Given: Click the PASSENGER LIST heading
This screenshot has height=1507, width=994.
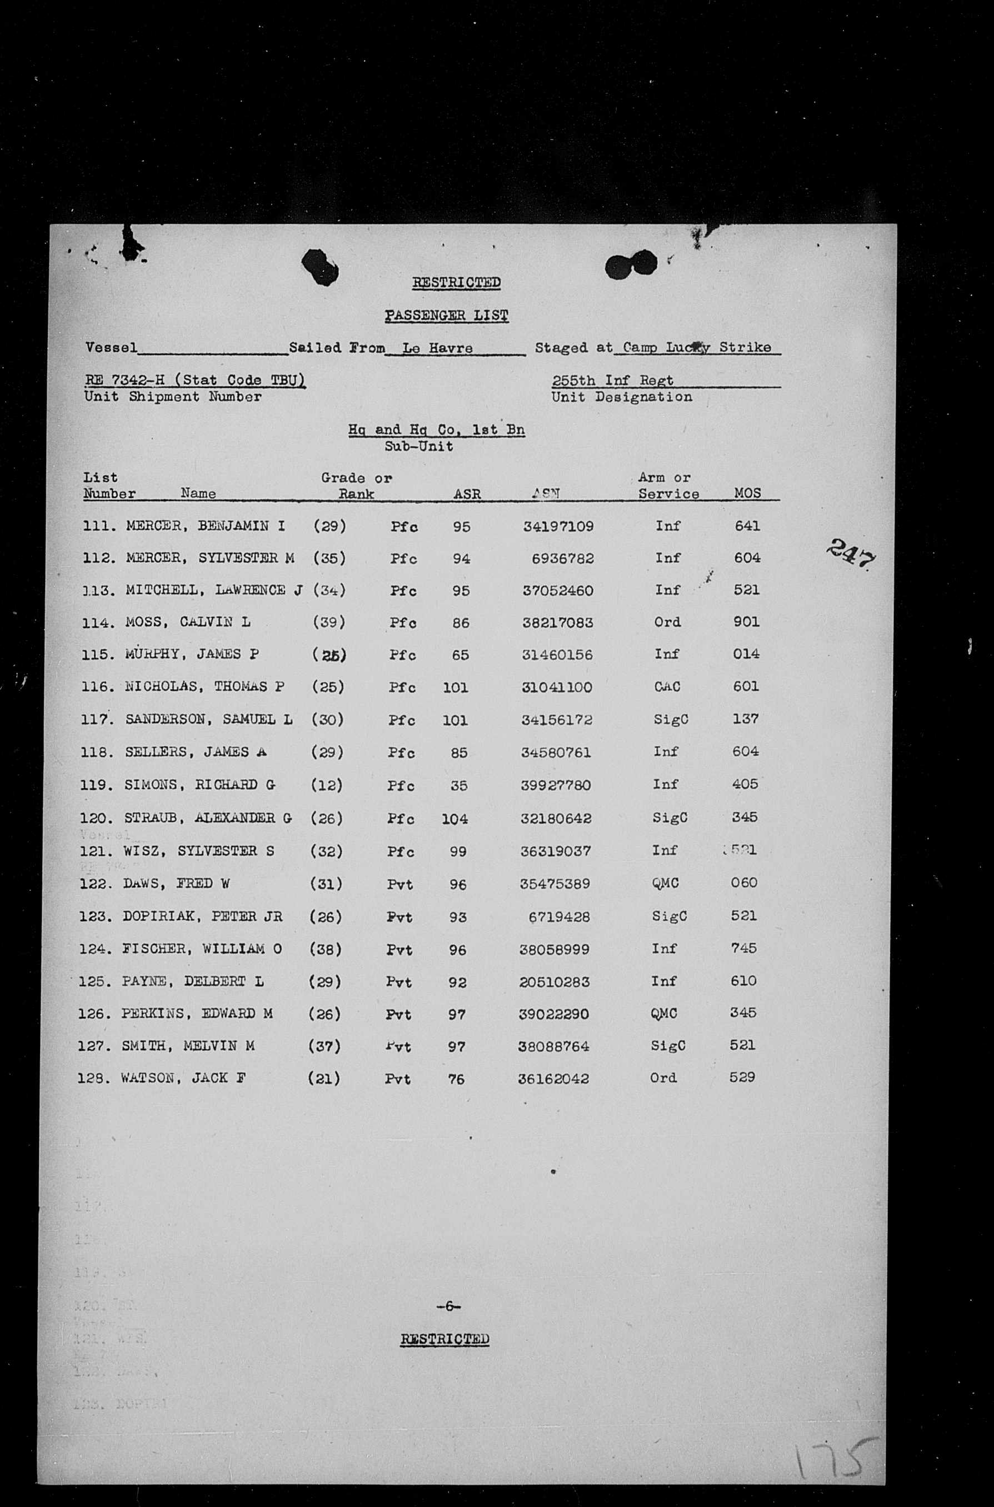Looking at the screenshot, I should pyautogui.click(x=447, y=315).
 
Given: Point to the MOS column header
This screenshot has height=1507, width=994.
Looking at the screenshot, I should pyautogui.click(x=747, y=493).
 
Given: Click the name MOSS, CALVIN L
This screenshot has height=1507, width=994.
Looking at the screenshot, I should pyautogui.click(x=188, y=622).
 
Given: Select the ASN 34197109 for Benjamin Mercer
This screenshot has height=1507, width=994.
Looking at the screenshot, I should pyautogui.click(x=558, y=526).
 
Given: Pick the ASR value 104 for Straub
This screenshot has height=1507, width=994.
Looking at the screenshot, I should pyautogui.click(x=454, y=819).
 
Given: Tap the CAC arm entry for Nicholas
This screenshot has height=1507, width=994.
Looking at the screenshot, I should pyautogui.click(x=667, y=687).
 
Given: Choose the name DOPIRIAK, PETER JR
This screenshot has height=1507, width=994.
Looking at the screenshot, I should pyautogui.click(x=202, y=917).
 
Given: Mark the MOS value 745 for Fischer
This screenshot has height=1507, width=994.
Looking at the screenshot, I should pyautogui.click(x=743, y=949).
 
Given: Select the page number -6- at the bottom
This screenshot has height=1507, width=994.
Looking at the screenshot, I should pyautogui.click(x=448, y=1306).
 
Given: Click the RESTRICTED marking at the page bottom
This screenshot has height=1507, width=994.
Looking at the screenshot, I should pyautogui.click(x=444, y=1339).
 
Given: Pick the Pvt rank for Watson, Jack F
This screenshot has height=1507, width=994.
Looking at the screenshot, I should pyautogui.click(x=397, y=1079).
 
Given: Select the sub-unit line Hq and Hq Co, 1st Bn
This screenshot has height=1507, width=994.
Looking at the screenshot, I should pyautogui.click(x=436, y=430).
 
